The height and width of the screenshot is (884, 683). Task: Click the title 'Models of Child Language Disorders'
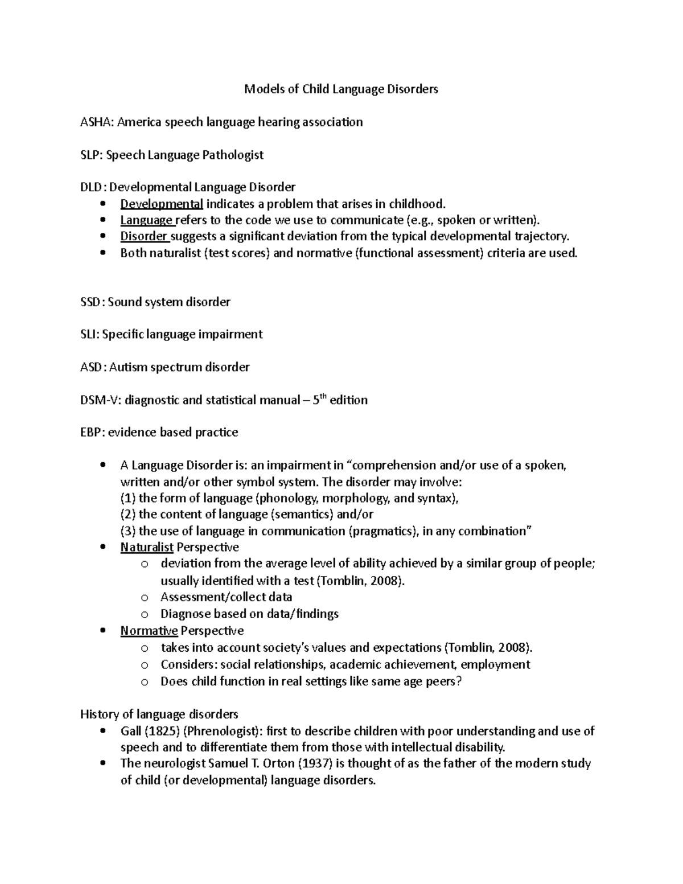[341, 89]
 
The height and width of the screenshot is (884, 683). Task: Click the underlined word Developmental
[162, 204]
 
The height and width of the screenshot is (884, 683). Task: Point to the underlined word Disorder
[145, 236]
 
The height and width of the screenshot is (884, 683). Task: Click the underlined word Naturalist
[147, 548]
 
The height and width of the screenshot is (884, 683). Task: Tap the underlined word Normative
[149, 631]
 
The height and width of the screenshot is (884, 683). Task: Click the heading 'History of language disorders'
[159, 714]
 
